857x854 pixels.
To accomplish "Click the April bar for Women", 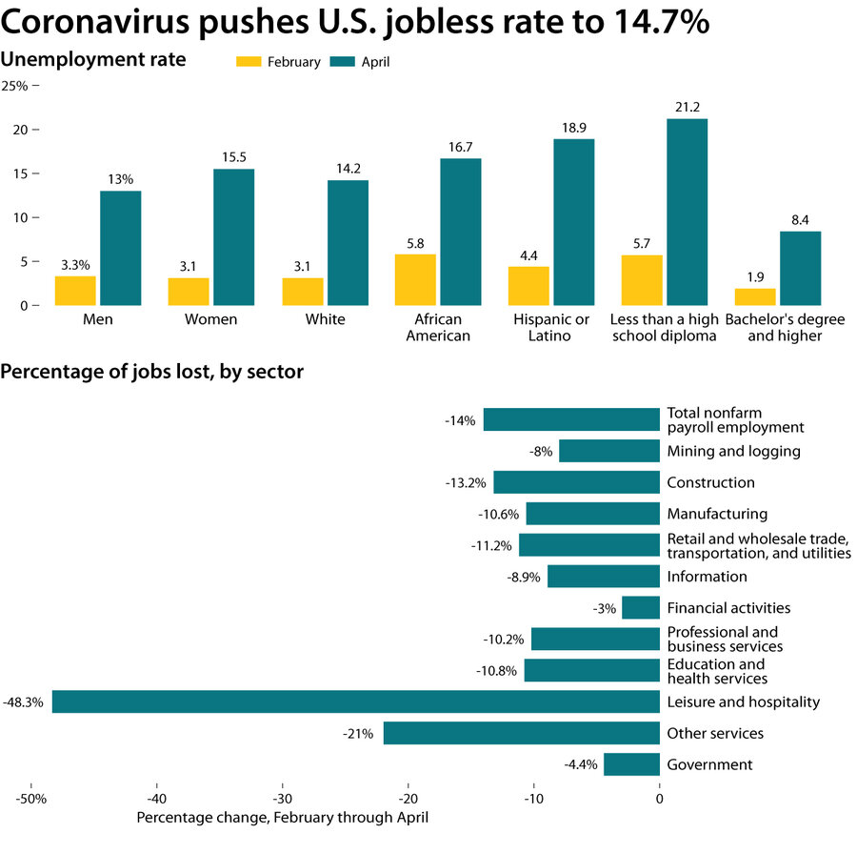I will coord(233,236).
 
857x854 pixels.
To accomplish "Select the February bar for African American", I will coord(415,279).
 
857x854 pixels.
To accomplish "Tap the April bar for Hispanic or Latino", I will coord(573,222).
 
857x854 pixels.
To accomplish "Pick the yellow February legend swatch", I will coord(248,62).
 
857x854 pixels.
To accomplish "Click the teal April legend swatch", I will coord(342,62).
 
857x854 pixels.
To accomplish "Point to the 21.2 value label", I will coord(687,107).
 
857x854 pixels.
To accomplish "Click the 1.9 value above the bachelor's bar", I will coord(755,277).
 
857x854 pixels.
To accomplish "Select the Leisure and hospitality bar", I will coord(355,702).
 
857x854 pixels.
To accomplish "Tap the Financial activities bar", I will coord(641,608).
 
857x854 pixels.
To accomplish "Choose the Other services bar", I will coord(521,734).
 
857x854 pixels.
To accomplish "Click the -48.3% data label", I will coord(23,702).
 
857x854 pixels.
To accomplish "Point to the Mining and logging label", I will coord(733,451).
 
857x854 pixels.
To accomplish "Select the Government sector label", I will coord(709,764).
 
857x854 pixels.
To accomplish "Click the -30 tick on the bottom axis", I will coord(283,798).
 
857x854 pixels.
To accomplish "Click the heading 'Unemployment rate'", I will coord(93,59).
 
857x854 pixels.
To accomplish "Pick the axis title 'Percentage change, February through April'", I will coord(283,818).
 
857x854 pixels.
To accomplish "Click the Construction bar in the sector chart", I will coord(576,482).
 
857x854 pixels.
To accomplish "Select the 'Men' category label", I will coord(97,319).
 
